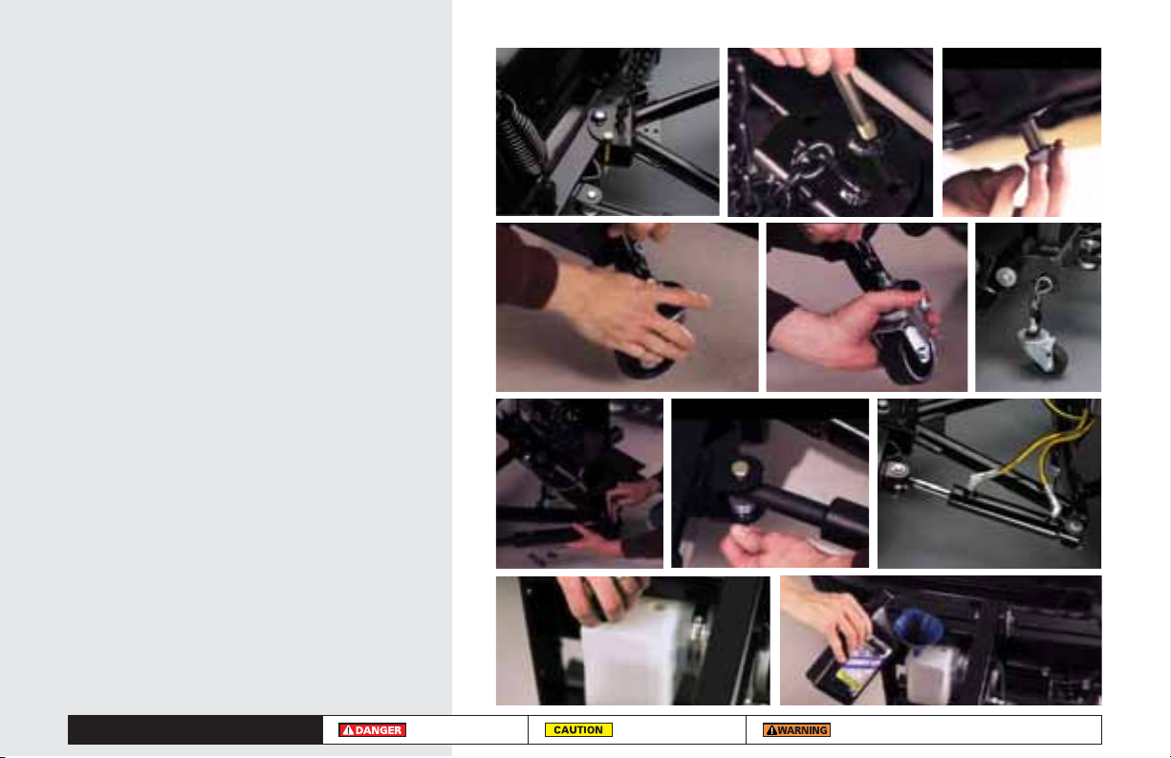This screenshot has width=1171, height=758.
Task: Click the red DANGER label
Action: [372, 729]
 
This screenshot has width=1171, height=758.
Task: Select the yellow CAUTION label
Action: [578, 729]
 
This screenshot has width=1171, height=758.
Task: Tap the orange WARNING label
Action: [796, 729]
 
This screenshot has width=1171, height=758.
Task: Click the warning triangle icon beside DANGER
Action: [348, 730]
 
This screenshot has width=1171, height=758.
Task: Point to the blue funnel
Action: [918, 627]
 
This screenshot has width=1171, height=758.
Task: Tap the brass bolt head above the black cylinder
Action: [739, 467]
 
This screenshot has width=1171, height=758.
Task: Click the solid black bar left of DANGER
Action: [195, 729]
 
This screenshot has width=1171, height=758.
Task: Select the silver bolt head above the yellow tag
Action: [598, 115]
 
